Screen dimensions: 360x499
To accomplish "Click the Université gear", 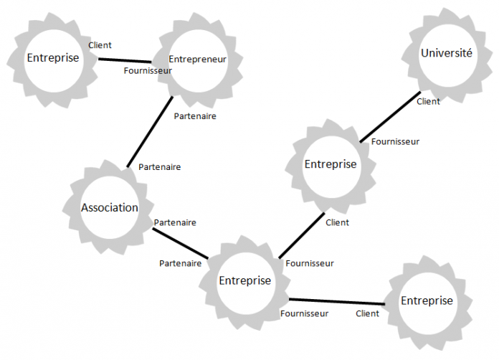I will pyautogui.click(x=446, y=53).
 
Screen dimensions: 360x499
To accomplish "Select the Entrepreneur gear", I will pyautogui.click(x=196, y=59).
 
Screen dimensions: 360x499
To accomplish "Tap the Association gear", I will pyautogui.click(x=109, y=208).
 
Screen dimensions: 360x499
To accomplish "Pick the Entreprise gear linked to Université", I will pyautogui.click(x=330, y=164).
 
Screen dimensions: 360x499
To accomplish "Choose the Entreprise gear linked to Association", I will pyautogui.click(x=244, y=280).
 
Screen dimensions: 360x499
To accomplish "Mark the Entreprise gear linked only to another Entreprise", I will pyautogui.click(x=427, y=300).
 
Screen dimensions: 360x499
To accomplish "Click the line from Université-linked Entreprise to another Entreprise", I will pyautogui.click(x=301, y=235).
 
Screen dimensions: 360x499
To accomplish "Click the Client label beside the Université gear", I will pyautogui.click(x=428, y=101).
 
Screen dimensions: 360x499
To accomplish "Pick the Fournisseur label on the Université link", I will pyautogui.click(x=395, y=141).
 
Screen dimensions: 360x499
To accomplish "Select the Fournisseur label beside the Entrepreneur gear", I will pyautogui.click(x=148, y=71).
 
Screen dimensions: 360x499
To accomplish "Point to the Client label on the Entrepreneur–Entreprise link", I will pyautogui.click(x=100, y=45).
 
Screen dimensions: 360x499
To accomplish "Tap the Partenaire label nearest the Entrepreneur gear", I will pyautogui.click(x=195, y=115).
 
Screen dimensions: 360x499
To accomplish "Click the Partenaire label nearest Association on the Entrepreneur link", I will pyautogui.click(x=159, y=167).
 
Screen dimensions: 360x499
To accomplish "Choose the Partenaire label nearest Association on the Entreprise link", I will pyautogui.click(x=175, y=223).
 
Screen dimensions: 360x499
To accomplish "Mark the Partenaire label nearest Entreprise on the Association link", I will pyautogui.click(x=180, y=263).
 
